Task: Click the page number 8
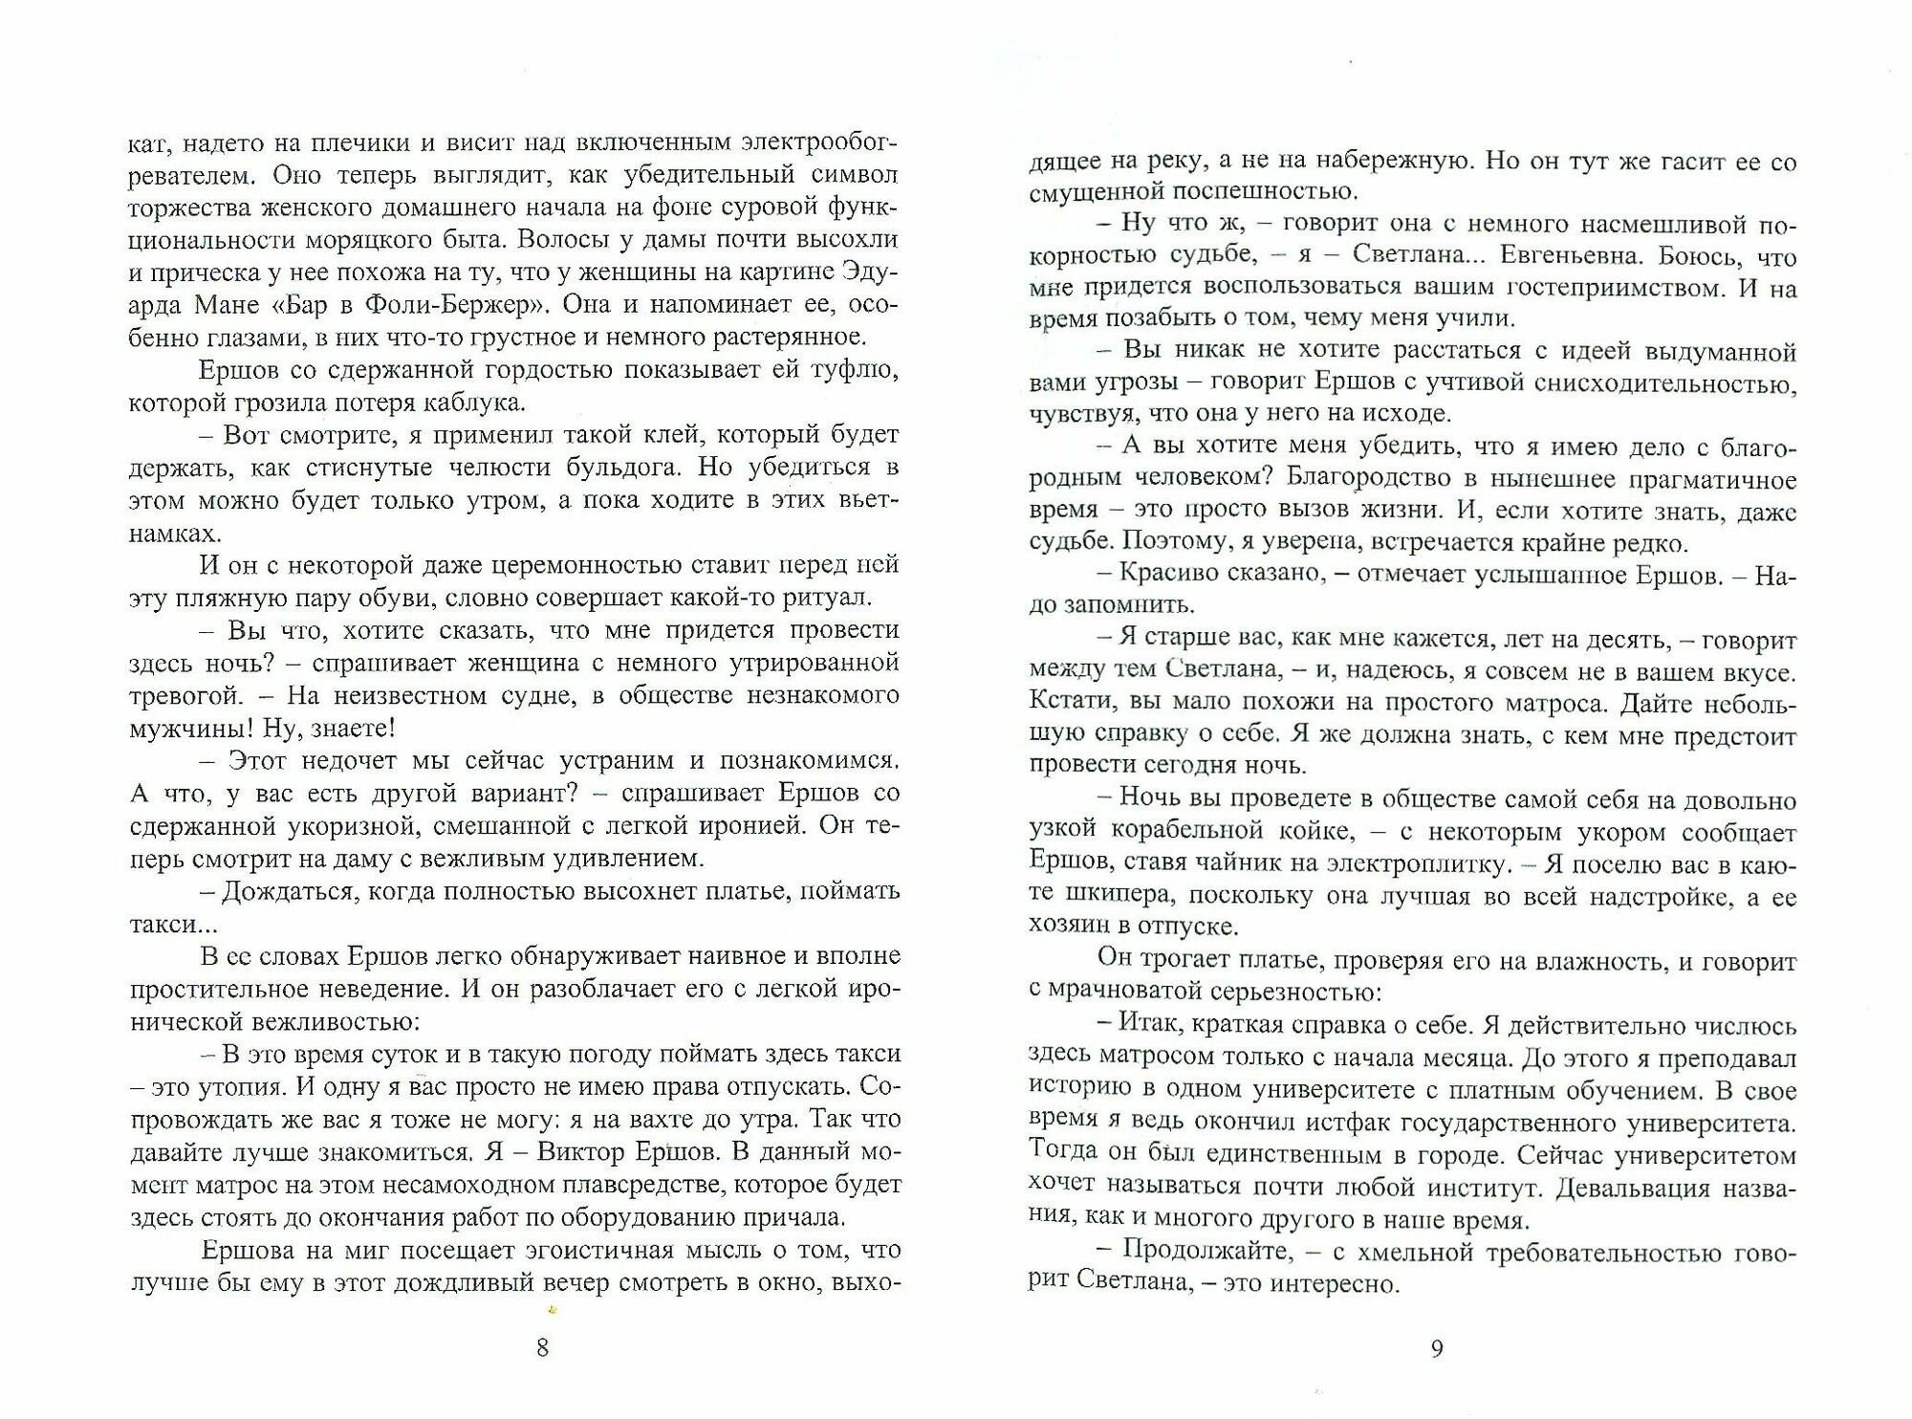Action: [542, 1348]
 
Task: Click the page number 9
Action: [1437, 1348]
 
